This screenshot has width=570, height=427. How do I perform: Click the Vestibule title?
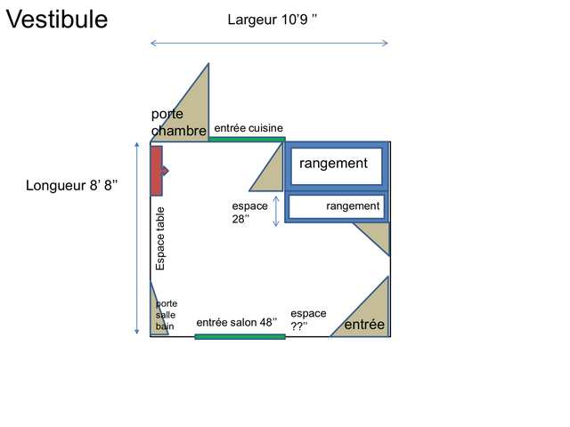[57, 20]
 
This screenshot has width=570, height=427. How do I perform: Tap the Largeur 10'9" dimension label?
[273, 20]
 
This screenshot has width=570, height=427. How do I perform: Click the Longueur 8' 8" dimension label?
[71, 185]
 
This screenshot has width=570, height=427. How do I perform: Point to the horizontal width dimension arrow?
[269, 44]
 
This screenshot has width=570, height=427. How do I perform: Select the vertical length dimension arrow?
[136, 238]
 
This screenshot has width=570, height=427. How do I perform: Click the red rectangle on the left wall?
[157, 171]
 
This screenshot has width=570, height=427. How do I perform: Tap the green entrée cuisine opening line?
[247, 139]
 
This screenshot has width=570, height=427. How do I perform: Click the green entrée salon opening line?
[240, 337]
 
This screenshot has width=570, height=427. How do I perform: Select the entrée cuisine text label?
[248, 128]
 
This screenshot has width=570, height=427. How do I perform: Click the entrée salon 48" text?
[237, 322]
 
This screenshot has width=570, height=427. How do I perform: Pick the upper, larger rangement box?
[337, 166]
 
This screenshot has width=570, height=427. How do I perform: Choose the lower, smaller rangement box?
[337, 207]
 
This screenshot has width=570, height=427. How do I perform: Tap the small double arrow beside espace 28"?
[276, 212]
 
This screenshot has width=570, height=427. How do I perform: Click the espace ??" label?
[308, 319]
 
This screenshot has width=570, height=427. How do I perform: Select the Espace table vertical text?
[160, 238]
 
